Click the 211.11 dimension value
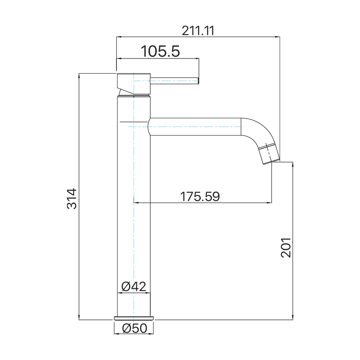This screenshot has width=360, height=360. (198, 31)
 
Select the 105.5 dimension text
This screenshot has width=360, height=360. (160, 51)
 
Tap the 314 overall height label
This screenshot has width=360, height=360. (72, 199)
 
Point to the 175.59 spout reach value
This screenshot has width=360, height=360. (200, 197)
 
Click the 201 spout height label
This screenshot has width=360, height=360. (286, 247)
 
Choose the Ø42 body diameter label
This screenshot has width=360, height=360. (134, 287)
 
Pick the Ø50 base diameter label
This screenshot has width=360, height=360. (135, 328)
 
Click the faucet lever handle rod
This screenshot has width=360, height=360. (174, 81)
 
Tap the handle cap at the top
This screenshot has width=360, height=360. (134, 84)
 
